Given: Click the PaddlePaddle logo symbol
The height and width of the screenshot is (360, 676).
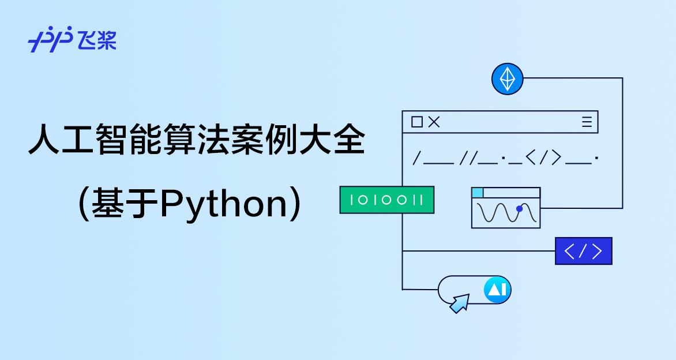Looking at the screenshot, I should (50, 40).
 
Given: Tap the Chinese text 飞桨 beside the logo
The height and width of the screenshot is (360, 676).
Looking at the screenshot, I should (99, 40).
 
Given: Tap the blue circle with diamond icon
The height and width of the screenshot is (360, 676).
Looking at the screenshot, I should (507, 78).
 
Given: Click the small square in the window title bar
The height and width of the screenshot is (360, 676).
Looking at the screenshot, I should (417, 122).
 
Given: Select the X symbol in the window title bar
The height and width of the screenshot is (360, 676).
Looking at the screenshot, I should (434, 122).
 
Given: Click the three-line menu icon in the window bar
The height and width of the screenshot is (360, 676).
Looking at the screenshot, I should (587, 122).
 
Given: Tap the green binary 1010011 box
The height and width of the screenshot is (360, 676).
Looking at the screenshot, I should (387, 200).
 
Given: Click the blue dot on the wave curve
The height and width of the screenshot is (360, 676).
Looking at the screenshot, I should (519, 209).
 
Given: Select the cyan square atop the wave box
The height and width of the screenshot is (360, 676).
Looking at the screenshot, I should (478, 193).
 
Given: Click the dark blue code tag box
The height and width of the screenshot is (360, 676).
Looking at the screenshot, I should (583, 251).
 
